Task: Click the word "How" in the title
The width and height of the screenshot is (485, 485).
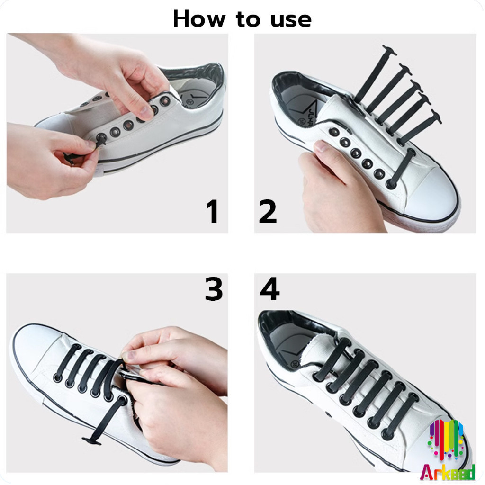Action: tap(199, 19)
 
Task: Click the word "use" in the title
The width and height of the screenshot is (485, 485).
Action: tap(291, 20)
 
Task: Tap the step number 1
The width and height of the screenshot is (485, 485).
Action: tap(213, 211)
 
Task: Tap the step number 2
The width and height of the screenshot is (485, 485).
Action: tap(268, 211)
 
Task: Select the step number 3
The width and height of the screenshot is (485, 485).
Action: tap(214, 289)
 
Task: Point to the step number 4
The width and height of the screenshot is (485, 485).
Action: tap(269, 289)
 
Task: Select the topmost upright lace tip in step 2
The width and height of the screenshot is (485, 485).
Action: tap(390, 50)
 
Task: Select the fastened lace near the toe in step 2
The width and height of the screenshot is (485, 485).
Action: tap(401, 169)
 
